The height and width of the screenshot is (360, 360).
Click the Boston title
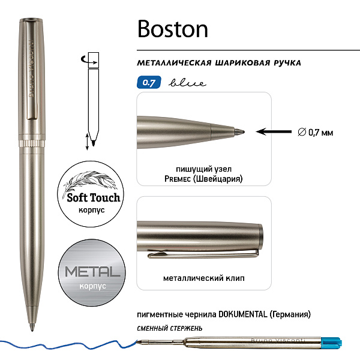pyautogui.click(x=172, y=28)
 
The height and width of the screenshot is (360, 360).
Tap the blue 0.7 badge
pyautogui.click(x=149, y=82)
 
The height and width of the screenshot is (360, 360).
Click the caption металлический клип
pyautogui.click(x=203, y=278)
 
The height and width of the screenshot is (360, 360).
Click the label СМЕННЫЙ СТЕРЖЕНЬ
pyautogui.click(x=170, y=328)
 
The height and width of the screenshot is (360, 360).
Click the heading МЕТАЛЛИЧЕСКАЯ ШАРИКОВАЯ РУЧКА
pyautogui.click(x=218, y=63)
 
